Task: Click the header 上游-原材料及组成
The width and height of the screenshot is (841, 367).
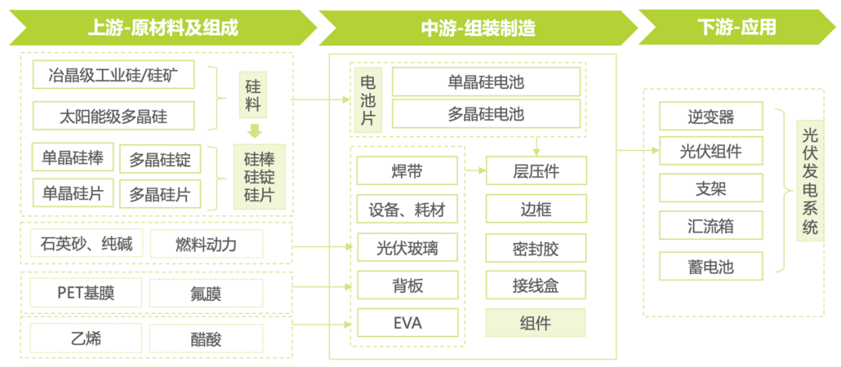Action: click(162, 28)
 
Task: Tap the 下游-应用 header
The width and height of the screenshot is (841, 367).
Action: click(736, 28)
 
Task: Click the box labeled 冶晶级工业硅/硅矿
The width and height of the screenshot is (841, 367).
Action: click(114, 76)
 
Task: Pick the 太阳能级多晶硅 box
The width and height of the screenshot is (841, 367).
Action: click(114, 116)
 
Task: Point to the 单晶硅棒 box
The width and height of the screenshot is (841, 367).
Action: click(72, 157)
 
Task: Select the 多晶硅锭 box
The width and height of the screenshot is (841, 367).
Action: click(160, 161)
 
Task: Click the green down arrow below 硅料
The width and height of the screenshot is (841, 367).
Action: click(254, 130)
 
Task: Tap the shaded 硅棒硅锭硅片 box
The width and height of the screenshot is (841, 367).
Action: click(259, 177)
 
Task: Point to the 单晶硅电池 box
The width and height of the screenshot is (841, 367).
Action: click(486, 82)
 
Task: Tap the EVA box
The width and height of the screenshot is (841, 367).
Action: click(407, 322)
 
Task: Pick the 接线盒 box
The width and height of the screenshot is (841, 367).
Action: click(535, 285)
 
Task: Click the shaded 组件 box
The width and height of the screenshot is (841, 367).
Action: click(535, 323)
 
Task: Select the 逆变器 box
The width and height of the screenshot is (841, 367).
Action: click(711, 117)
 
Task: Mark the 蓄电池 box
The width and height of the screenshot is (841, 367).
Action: click(711, 266)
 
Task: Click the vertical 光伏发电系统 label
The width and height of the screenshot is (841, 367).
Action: click(810, 180)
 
